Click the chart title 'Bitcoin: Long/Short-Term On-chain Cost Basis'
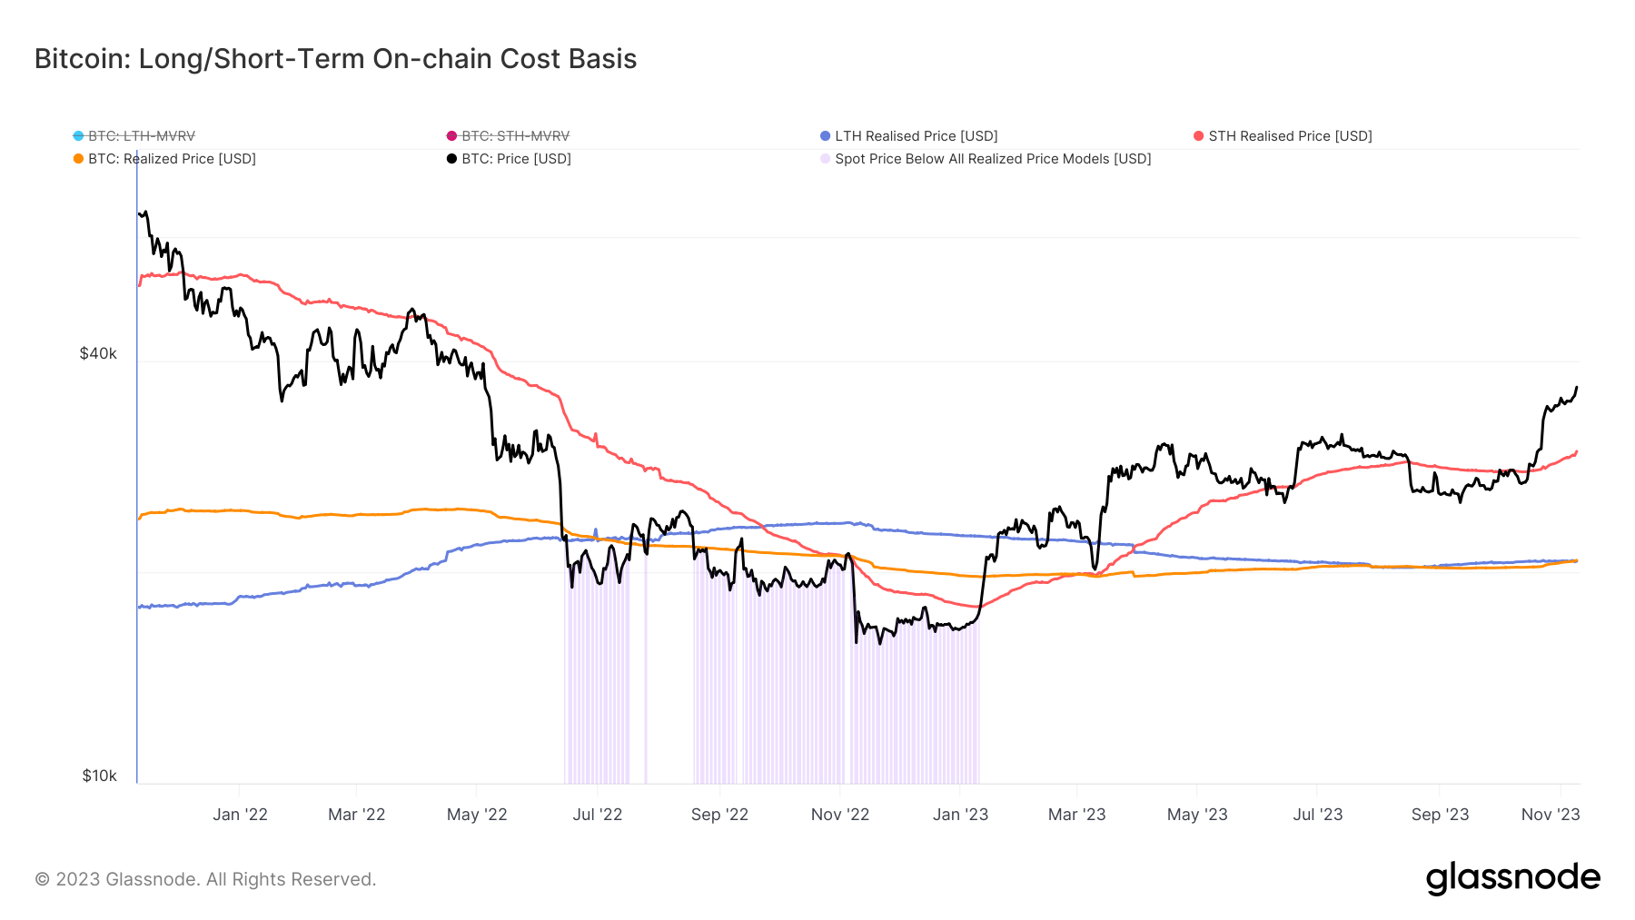click(x=335, y=59)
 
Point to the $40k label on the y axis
click(x=98, y=353)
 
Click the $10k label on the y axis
click(x=99, y=776)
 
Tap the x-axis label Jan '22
click(x=240, y=815)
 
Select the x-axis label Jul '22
click(x=597, y=815)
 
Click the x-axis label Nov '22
click(x=839, y=815)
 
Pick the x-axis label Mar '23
click(x=1076, y=815)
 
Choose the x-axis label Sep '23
click(x=1440, y=815)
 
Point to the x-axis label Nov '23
click(x=1550, y=815)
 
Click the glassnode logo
click(x=1512, y=878)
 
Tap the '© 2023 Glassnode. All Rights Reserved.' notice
click(x=205, y=879)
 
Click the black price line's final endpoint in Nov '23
click(x=1577, y=388)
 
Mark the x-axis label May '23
click(x=1196, y=815)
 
